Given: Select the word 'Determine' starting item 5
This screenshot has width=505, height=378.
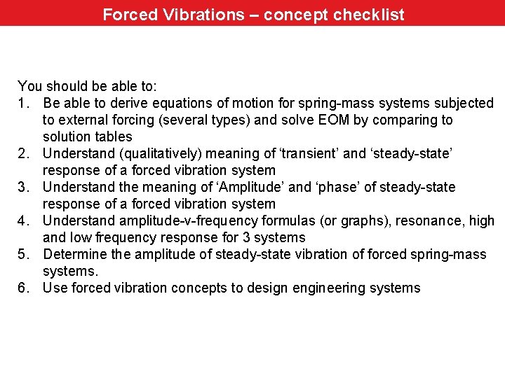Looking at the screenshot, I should (x=73, y=254).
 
